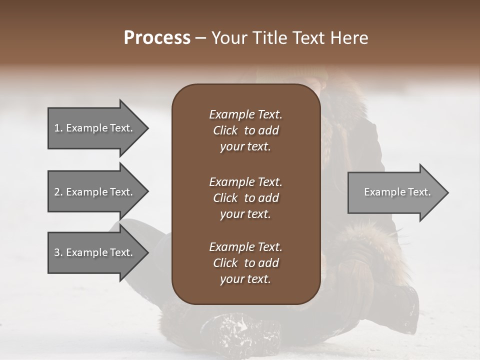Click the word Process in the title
click(x=157, y=38)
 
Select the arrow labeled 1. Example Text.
click(x=95, y=128)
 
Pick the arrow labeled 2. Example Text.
click(x=95, y=192)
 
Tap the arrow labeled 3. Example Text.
click(x=95, y=252)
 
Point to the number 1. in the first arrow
click(x=58, y=128)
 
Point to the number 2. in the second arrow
click(x=58, y=192)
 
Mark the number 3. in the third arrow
click(x=58, y=252)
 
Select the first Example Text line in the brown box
click(x=245, y=114)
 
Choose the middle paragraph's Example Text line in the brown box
click(x=245, y=181)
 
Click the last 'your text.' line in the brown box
click(x=245, y=279)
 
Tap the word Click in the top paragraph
click(x=225, y=130)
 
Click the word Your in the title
click(x=227, y=38)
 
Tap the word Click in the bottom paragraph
click(x=225, y=263)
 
